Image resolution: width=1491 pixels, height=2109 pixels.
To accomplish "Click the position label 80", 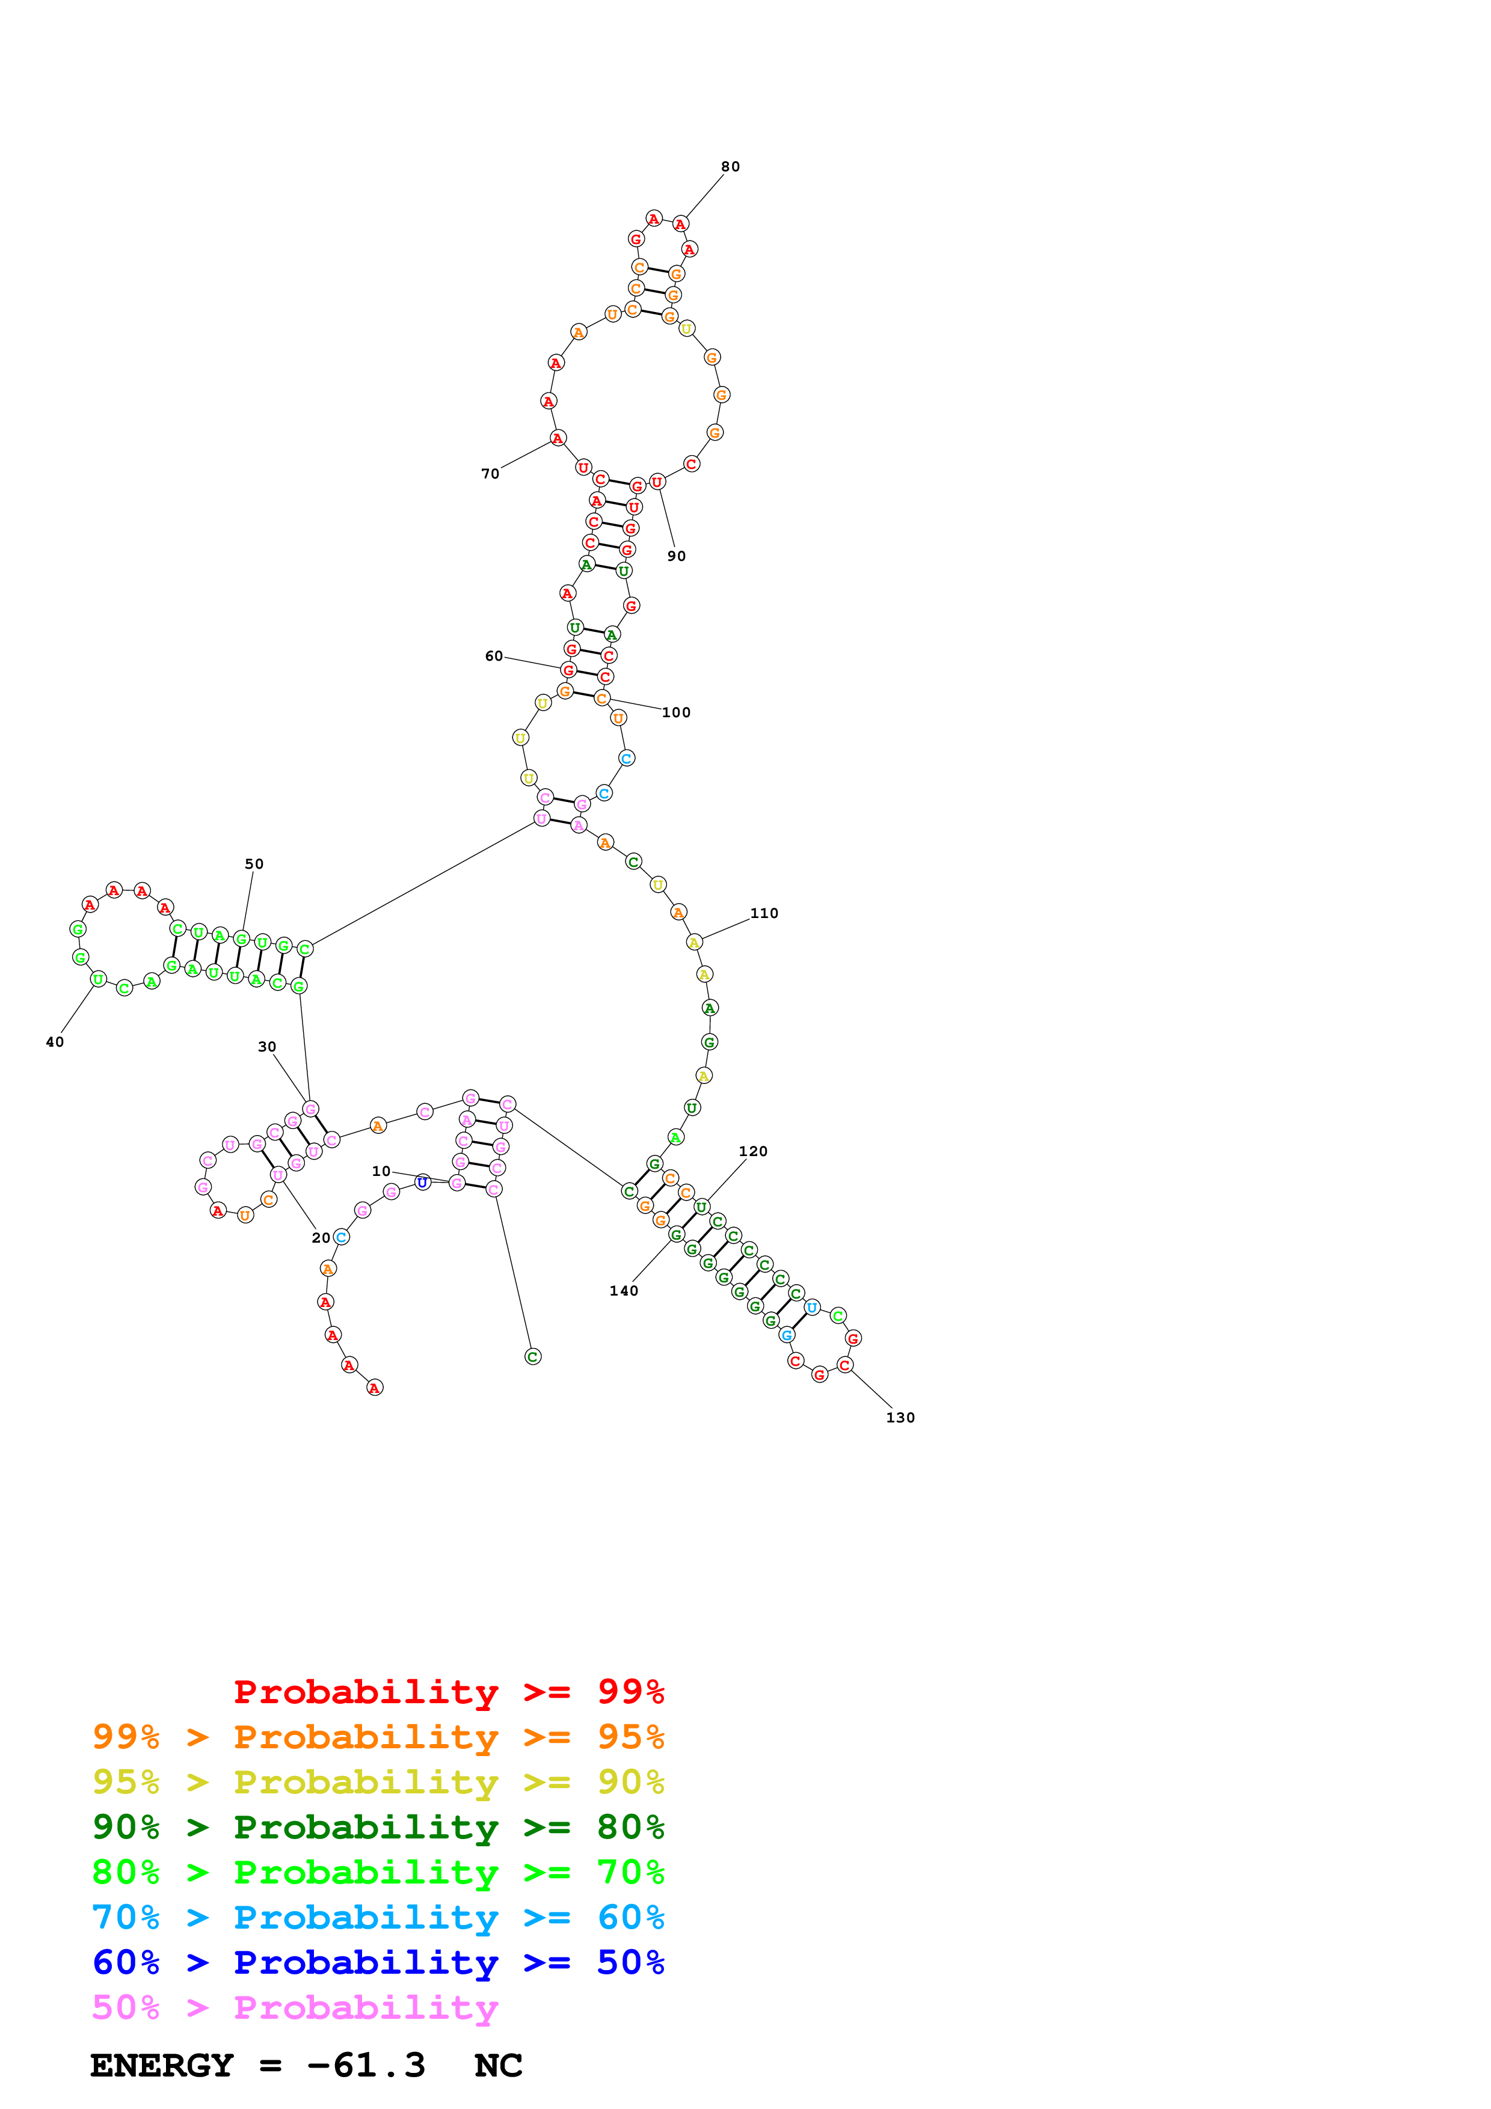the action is pos(730,167).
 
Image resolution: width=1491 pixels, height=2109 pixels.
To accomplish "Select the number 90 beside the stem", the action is pos(676,556).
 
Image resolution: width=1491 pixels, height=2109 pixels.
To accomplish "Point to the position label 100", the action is pos(676,713).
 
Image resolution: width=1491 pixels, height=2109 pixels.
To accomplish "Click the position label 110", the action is pos(764,913).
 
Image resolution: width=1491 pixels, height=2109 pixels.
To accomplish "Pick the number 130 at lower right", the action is pos(900,1418).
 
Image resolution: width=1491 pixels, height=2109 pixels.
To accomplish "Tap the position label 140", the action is pos(624,1291).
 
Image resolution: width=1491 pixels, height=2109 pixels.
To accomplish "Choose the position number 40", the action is pos(55,1042).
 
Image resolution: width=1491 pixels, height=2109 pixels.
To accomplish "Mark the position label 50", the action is pos(254,865).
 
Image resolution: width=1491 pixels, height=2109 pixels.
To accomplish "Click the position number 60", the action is pos(494,656).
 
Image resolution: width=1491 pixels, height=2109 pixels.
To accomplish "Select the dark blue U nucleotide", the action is pos(423,1182).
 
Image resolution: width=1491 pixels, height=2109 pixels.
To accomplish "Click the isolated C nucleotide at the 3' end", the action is pos(533,1357).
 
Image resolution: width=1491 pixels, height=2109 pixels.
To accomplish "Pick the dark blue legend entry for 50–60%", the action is pos(378,1963).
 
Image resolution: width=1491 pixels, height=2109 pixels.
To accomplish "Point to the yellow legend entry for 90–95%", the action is pos(378,1782).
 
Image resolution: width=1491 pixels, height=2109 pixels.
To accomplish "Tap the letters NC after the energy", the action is pos(499,2066).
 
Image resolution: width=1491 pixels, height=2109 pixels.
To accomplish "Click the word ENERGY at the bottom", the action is pos(162,2066).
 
